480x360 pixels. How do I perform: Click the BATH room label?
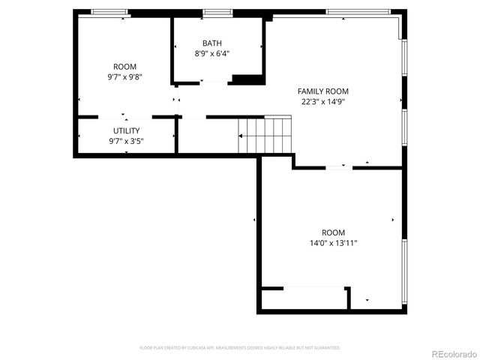tap(212, 43)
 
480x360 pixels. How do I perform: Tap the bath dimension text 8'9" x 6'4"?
tap(212, 53)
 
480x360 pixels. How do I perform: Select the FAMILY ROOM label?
tap(325, 91)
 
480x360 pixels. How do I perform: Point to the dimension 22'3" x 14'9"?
tap(325, 102)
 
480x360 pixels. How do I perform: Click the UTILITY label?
tap(126, 130)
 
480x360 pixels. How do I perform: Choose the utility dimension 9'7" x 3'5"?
tap(126, 140)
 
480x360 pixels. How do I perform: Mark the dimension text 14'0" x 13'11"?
tap(334, 243)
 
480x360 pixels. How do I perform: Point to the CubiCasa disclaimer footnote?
tap(240, 348)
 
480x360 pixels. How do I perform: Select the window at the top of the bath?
tap(217, 12)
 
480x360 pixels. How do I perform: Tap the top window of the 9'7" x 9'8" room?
tap(109, 12)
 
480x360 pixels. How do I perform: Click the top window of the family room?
tap(358, 12)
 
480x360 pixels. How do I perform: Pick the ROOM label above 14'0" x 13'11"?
tap(334, 232)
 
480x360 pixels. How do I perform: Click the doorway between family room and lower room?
tap(339, 167)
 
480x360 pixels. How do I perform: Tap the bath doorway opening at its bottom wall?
tap(215, 80)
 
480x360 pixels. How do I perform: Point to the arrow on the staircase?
tap(242, 136)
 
